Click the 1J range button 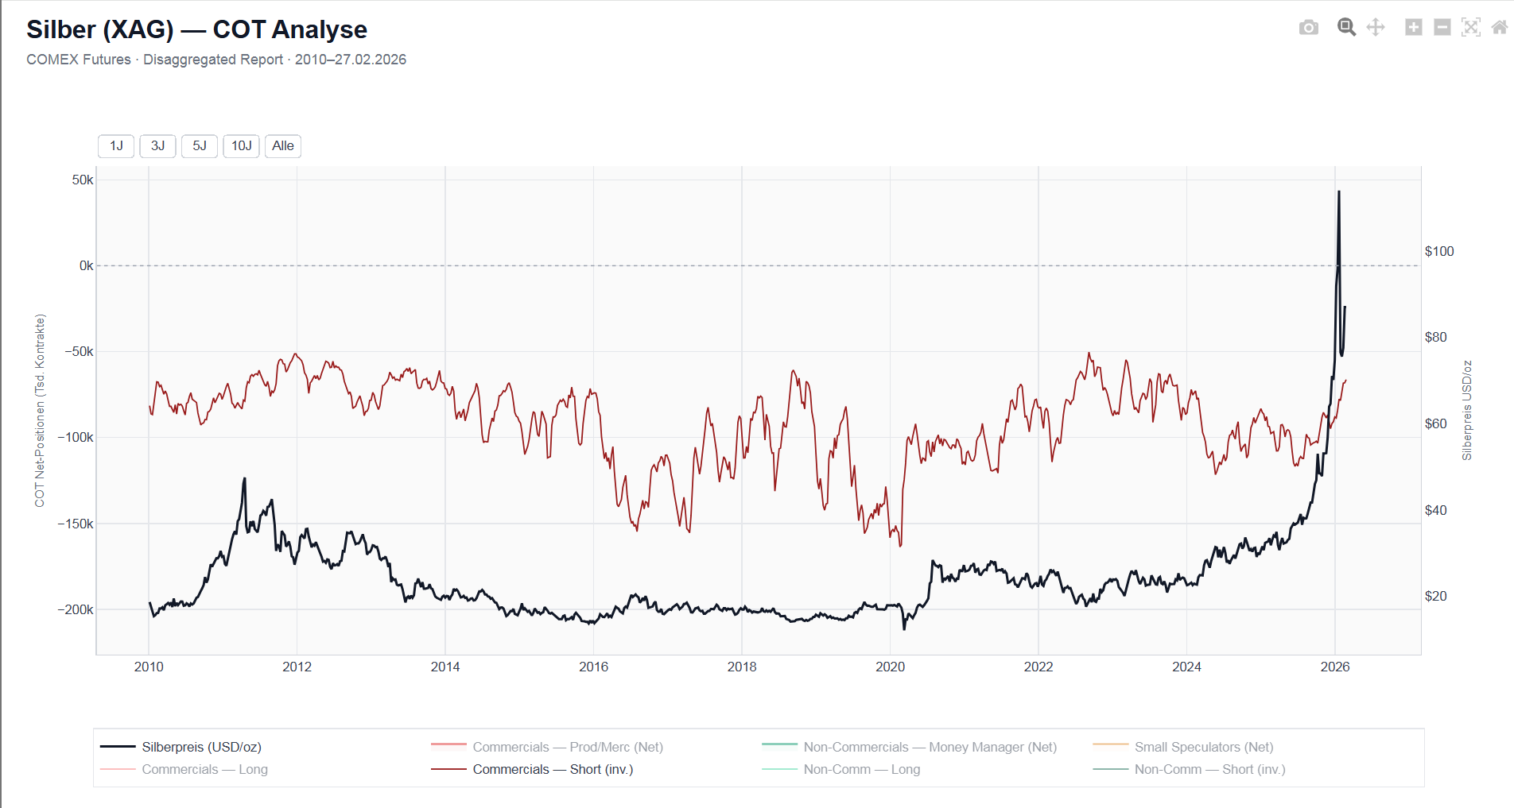point(116,146)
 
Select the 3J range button point(157,146)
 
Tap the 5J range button point(200,146)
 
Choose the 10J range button point(241,146)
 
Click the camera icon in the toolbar point(1308,28)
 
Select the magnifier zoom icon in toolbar point(1345,28)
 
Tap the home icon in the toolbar point(1499,28)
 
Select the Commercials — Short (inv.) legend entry point(553,769)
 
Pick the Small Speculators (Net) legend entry point(1203,747)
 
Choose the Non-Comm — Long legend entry point(861,769)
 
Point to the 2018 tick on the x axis point(742,667)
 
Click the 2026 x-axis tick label point(1334,667)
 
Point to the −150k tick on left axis point(76,524)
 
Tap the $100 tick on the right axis point(1438,251)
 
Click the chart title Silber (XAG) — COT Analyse point(196,29)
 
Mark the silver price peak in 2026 point(1339,191)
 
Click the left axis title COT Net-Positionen point(40,410)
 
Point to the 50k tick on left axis point(83,180)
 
